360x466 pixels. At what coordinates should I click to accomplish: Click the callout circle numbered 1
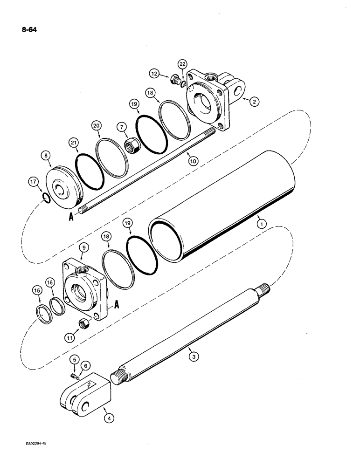pyautogui.click(x=263, y=224)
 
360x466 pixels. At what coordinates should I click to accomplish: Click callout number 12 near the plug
pyautogui.click(x=154, y=73)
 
